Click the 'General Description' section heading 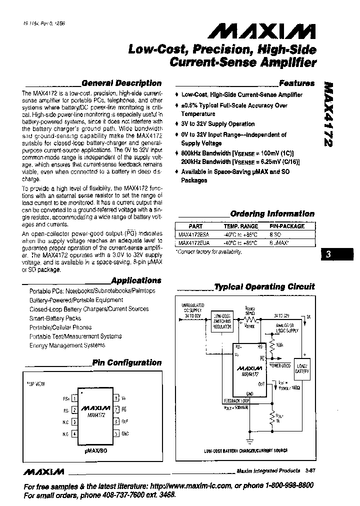point(121,83)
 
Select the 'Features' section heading point(296,83)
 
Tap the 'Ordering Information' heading point(272,213)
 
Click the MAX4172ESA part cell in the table point(195,234)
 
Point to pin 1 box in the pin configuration point(74,398)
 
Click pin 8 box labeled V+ point(116,398)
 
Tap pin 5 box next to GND point(116,433)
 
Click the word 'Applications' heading point(136,280)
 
